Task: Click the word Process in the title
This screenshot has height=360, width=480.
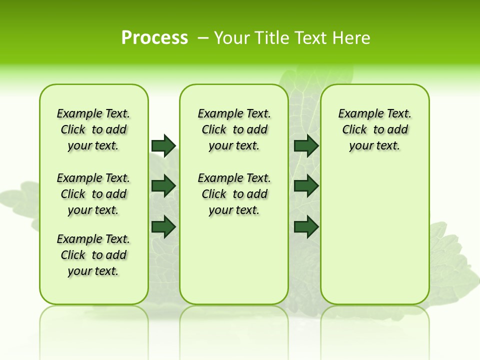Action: (x=154, y=38)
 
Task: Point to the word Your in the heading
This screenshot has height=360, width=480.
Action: (x=232, y=38)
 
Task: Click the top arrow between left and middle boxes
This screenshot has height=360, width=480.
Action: (x=163, y=145)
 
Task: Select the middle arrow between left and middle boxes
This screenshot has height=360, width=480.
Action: (x=163, y=186)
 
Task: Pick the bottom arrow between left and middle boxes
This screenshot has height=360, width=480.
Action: (x=163, y=227)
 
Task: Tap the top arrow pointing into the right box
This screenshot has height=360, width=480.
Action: (x=306, y=145)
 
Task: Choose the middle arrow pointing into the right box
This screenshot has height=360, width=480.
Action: (x=306, y=186)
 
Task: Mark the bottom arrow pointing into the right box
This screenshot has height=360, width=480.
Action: (x=306, y=227)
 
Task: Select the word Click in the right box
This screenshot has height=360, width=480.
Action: (x=354, y=129)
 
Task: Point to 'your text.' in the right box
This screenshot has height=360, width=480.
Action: (x=374, y=145)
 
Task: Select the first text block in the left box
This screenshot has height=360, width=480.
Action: (x=93, y=129)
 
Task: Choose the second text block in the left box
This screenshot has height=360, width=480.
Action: (x=93, y=194)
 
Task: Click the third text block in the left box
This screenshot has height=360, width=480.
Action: (x=93, y=255)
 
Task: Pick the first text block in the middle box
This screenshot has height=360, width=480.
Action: (x=234, y=129)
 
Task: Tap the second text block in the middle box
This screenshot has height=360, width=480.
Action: (x=234, y=194)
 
